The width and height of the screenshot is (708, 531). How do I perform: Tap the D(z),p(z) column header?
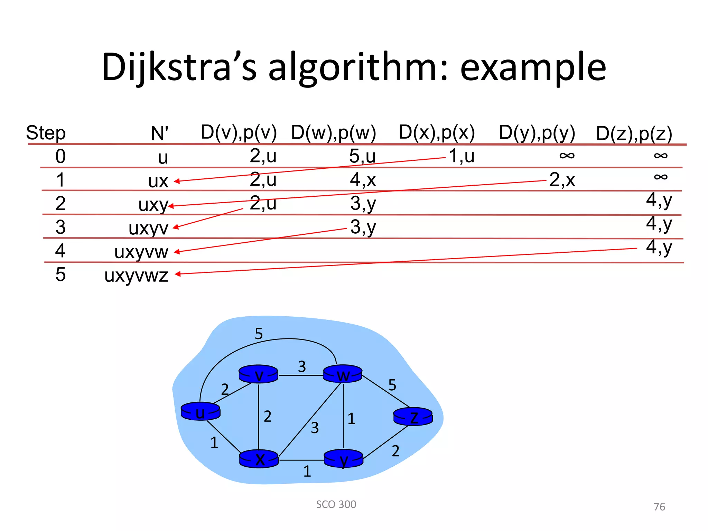click(x=634, y=134)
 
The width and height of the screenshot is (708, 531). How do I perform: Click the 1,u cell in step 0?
click(x=462, y=156)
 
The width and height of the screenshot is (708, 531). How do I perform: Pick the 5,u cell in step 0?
click(x=362, y=156)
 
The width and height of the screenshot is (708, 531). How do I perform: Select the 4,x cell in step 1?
click(x=363, y=180)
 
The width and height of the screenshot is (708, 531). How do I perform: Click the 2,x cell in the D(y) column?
click(x=562, y=180)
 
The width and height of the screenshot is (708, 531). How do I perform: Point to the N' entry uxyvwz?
click(x=136, y=276)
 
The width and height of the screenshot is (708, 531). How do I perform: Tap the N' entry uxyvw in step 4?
click(x=141, y=252)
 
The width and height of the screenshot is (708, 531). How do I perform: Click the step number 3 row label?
click(x=60, y=227)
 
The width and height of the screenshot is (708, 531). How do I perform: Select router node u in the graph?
click(x=201, y=411)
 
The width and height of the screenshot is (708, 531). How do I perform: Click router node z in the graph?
click(x=413, y=417)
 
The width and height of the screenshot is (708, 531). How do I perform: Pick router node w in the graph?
click(x=343, y=374)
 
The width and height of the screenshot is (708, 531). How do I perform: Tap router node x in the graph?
click(x=259, y=459)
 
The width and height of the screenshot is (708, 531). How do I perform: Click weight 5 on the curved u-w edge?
click(x=259, y=334)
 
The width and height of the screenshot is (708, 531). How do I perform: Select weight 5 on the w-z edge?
click(x=392, y=385)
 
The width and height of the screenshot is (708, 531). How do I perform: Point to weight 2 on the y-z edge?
click(x=395, y=451)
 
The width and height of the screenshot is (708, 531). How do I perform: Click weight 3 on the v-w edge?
click(x=302, y=366)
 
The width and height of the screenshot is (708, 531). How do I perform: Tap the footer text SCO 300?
click(x=336, y=504)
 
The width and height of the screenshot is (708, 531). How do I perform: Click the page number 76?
click(x=659, y=507)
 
